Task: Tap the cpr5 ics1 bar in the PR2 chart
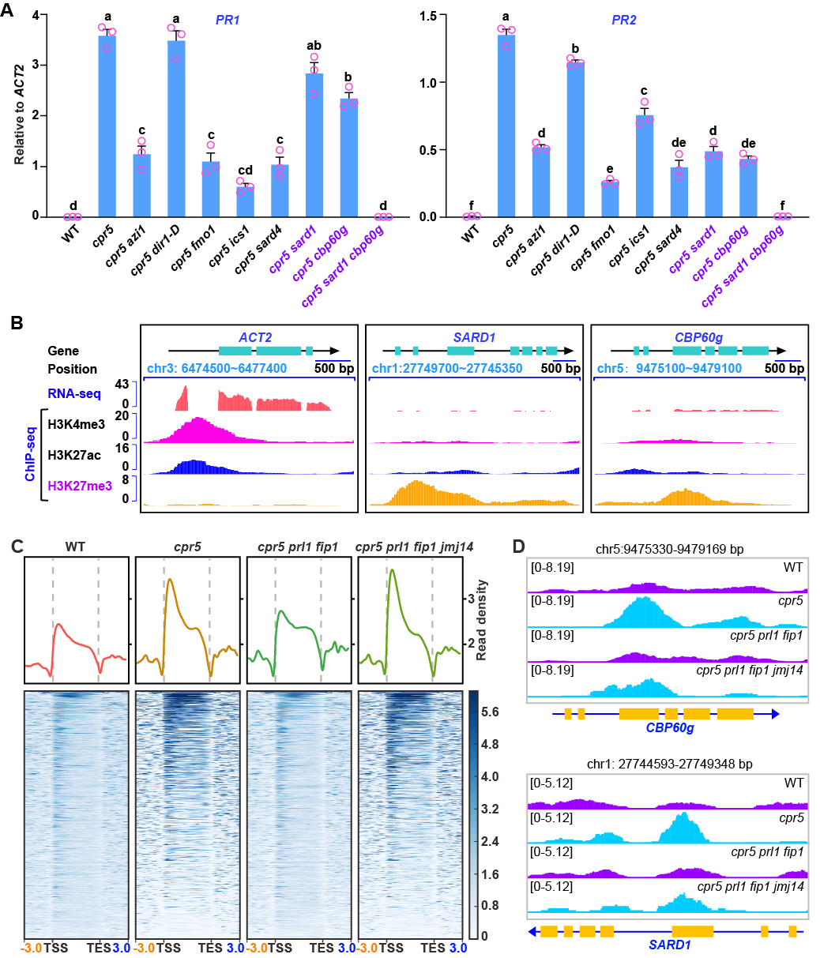645,166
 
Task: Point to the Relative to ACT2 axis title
18,115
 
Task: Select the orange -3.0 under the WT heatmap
33,946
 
